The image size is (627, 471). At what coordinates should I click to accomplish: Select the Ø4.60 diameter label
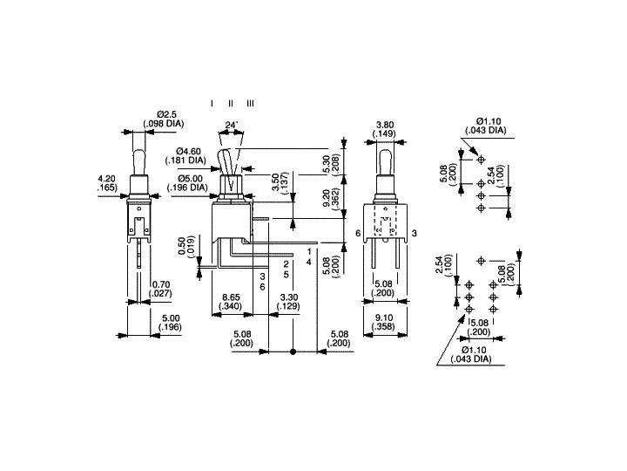point(188,152)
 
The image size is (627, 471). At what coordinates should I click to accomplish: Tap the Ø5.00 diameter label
point(190,178)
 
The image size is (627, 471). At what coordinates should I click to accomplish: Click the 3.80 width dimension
point(384,125)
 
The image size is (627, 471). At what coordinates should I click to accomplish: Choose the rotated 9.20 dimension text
point(326,199)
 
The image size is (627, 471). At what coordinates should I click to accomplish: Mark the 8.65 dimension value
point(232,297)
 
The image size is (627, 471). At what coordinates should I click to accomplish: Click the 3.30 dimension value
point(288,297)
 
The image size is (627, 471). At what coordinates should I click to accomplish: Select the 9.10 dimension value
point(384,317)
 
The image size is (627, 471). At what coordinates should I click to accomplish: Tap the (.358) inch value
point(384,326)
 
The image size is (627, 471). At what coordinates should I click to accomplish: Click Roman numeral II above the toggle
point(231,103)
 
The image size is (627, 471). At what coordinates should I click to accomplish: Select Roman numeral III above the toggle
point(250,103)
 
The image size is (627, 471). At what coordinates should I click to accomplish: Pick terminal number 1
point(308,251)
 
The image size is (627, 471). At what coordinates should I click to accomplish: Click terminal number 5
point(287,275)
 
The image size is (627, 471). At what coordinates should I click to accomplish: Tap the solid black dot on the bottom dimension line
point(293,352)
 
